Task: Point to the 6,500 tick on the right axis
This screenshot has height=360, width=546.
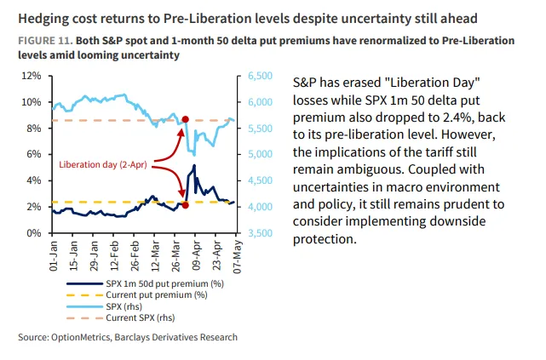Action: click(x=259, y=76)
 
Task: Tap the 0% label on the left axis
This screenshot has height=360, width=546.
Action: click(x=33, y=232)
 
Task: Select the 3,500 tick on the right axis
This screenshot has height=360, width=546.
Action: click(x=259, y=232)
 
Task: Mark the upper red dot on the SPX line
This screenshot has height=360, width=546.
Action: click(x=186, y=120)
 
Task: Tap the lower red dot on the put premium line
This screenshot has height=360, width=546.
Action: click(x=186, y=205)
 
